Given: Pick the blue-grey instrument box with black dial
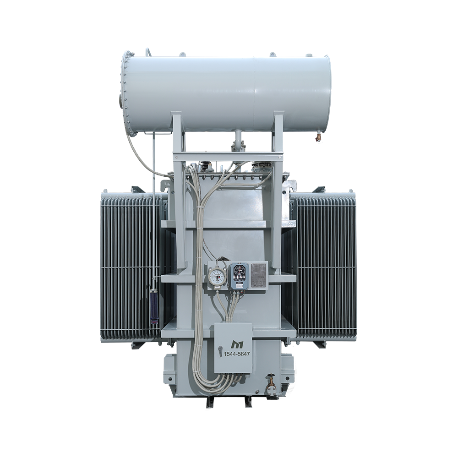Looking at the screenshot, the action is coord(238,276).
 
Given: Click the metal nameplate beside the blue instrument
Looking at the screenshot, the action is coord(259,275).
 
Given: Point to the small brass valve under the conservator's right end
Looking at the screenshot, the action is coord(317,136).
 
